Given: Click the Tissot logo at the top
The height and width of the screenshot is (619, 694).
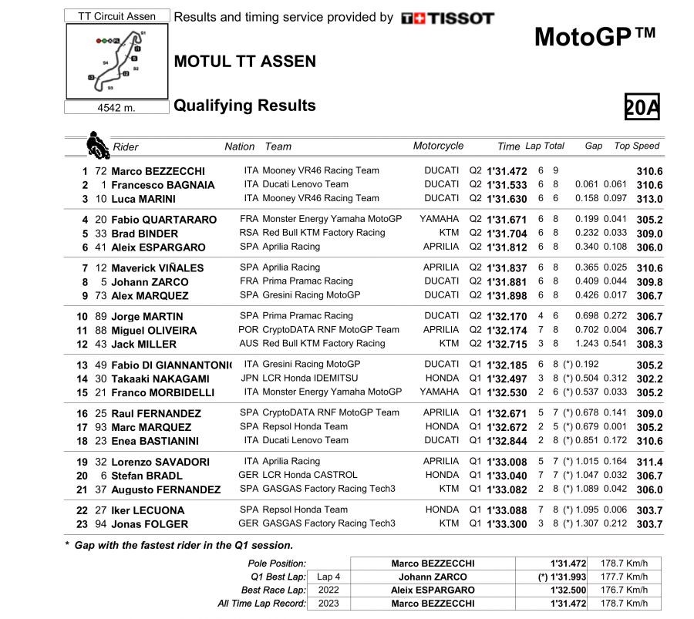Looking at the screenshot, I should coord(448,18).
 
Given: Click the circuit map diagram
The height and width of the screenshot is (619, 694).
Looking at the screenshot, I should coord(116,61).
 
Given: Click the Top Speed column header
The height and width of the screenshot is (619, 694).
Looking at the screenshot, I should coord(636,146).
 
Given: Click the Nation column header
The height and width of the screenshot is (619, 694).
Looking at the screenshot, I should coord(239,146).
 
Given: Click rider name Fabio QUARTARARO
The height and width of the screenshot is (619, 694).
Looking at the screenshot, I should coord(164,220).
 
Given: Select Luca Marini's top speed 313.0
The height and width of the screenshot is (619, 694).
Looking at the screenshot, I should coord(649,199).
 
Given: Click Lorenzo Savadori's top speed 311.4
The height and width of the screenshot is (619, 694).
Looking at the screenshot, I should coord(649,463).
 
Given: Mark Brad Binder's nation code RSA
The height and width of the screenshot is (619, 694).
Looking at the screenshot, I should coord(249,233).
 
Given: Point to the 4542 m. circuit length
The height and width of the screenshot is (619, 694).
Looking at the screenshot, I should coord(116,108).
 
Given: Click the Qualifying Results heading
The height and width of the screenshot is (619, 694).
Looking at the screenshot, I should coord(244,106).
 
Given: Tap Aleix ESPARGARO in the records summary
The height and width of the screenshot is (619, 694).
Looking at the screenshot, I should coord(433,590).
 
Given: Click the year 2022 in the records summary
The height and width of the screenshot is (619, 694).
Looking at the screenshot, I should coord(328,590).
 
